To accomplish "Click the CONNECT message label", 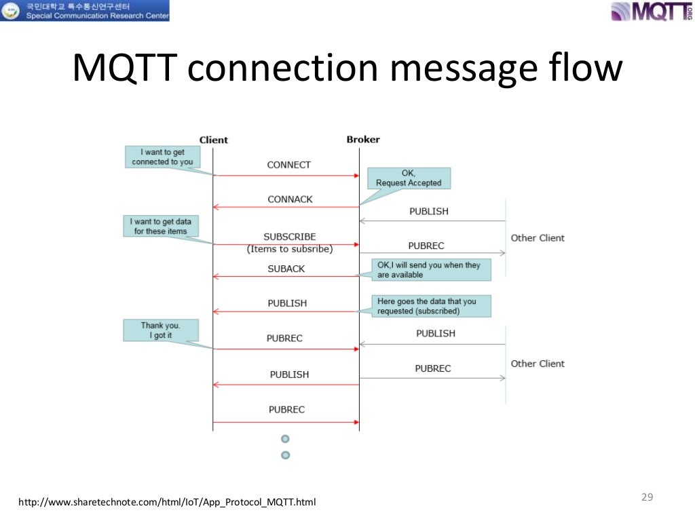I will coord(288,165).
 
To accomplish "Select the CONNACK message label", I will coord(290,199).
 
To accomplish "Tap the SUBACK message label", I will coord(286,269).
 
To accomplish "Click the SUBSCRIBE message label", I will coord(290,237).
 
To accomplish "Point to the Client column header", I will coord(213,140).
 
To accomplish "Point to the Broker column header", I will coord(363,140).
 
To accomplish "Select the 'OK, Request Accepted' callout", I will coord(409,178).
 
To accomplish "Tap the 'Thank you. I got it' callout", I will coord(161,330).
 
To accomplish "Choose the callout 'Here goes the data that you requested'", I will coord(430,306).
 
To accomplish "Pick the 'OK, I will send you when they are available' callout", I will coord(430,269).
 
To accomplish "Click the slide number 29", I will coord(647,497).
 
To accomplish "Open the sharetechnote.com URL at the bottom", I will coord(167,503).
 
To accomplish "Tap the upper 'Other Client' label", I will coord(538,238).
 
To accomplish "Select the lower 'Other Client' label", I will coord(538,364).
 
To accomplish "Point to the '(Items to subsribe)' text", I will coord(290,249).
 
